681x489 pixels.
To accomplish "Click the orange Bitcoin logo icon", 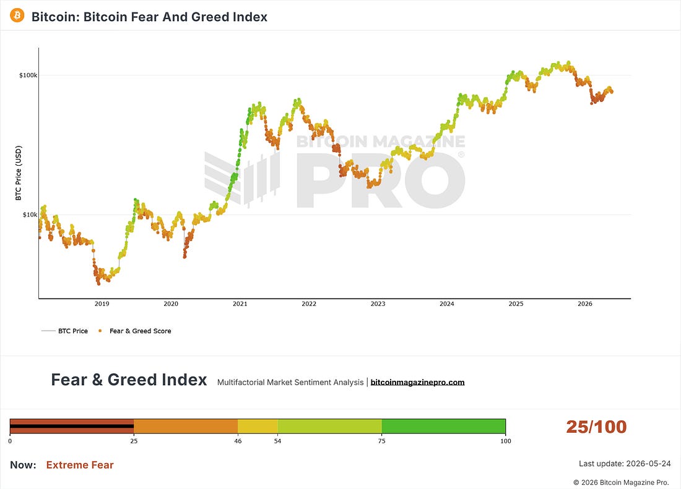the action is tap(17, 15).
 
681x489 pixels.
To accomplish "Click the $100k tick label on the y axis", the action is tap(28, 75).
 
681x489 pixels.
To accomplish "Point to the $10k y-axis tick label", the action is tap(30, 215).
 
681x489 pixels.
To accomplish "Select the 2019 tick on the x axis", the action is tap(102, 304).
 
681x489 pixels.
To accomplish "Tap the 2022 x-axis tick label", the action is tap(309, 304).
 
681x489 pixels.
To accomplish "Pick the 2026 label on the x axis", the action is tap(584, 304).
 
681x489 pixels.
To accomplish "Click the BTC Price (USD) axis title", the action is tap(18, 173).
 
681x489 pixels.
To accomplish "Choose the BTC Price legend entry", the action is tap(65, 331).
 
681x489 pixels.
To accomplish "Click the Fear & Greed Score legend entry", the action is tap(135, 331).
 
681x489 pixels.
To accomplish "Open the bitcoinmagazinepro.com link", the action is tap(417, 382).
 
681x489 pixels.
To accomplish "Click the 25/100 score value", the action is tap(596, 427).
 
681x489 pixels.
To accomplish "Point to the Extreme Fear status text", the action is tap(80, 465).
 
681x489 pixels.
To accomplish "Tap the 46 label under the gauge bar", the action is tap(238, 441).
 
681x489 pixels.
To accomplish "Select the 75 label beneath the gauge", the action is tap(381, 441).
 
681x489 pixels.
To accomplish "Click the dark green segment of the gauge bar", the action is tap(443, 426).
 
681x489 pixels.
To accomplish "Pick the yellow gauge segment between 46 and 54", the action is tap(258, 426).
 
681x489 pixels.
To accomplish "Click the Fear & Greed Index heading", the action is tap(129, 380).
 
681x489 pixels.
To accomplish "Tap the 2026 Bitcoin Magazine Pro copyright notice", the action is tap(621, 482).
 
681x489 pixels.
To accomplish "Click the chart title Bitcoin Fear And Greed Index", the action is tap(149, 17).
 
